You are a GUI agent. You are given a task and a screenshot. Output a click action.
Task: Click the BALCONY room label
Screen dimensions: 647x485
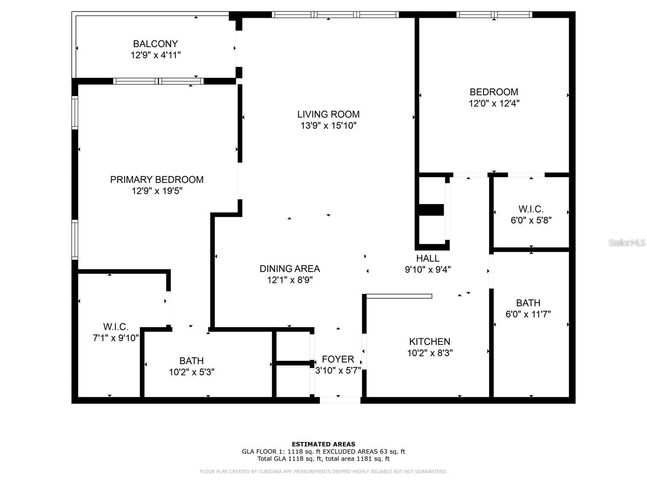click(155, 44)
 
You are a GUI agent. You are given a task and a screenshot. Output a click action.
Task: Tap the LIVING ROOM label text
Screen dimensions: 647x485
click(328, 114)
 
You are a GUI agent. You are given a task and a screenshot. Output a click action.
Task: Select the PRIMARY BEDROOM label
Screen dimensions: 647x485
click(157, 179)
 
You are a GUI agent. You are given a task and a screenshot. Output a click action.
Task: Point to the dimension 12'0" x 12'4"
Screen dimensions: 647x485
click(494, 103)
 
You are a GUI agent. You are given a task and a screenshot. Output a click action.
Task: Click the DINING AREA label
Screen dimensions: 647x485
click(290, 268)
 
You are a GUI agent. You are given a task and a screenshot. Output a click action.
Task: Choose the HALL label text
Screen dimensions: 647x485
click(428, 258)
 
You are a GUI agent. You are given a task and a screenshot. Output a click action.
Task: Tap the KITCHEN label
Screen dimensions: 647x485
click(429, 342)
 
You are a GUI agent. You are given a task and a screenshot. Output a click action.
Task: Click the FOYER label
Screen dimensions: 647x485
click(338, 359)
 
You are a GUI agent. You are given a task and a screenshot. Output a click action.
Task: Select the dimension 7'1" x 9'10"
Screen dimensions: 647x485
click(116, 338)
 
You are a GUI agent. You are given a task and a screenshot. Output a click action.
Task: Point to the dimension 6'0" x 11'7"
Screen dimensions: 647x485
click(528, 314)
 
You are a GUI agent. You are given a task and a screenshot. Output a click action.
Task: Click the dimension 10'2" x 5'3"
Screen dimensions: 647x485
click(192, 372)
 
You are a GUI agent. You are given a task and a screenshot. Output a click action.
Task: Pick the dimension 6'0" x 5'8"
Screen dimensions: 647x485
click(531, 220)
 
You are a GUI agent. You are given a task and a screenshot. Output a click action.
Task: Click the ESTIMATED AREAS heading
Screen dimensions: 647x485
click(323, 444)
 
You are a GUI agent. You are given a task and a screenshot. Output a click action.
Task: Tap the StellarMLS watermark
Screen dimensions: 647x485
click(627, 242)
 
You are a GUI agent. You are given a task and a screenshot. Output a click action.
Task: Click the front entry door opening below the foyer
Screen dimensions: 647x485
click(340, 400)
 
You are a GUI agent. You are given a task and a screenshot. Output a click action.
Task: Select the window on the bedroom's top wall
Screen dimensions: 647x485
click(494, 15)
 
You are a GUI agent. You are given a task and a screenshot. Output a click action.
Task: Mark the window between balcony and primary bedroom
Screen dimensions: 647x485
click(159, 81)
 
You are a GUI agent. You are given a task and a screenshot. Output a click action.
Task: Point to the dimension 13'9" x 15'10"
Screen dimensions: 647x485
click(328, 126)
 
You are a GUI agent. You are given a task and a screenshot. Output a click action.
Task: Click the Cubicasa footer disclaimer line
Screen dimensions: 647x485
click(323, 471)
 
